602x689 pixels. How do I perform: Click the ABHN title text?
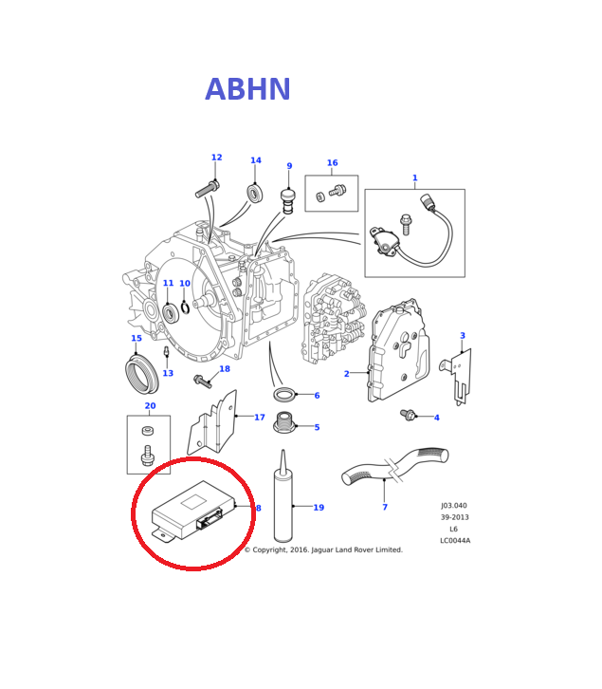click(x=247, y=90)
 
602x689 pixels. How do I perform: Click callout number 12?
click(x=216, y=158)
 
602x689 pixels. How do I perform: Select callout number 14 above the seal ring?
click(x=255, y=161)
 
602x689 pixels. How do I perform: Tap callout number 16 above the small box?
click(x=332, y=163)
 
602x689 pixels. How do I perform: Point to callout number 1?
click(x=414, y=178)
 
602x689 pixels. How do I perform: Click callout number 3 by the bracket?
click(x=463, y=336)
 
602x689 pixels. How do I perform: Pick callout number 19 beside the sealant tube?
click(x=319, y=508)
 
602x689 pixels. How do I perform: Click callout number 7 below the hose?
click(x=385, y=508)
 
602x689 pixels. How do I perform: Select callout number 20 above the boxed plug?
click(x=150, y=406)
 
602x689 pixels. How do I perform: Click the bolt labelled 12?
click(x=208, y=189)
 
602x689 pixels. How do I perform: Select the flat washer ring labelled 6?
click(x=284, y=394)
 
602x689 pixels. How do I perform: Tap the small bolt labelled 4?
click(x=409, y=415)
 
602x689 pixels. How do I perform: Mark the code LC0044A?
click(x=454, y=541)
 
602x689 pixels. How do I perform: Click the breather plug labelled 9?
click(x=288, y=199)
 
